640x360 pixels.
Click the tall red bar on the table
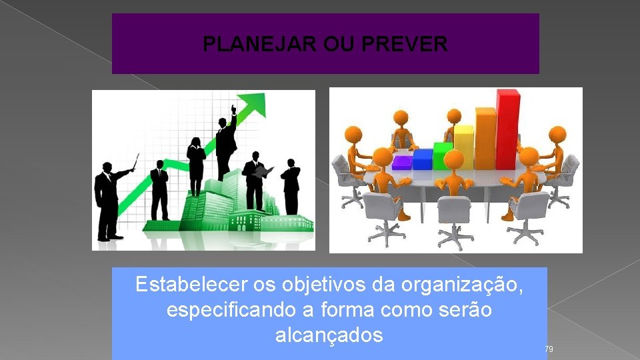pyautogui.click(x=507, y=130)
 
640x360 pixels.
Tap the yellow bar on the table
pyautogui.click(x=463, y=147)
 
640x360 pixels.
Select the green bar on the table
pyautogui.click(x=443, y=156)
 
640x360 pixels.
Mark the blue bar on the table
pyautogui.click(x=422, y=159)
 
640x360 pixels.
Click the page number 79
pyautogui.click(x=549, y=349)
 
